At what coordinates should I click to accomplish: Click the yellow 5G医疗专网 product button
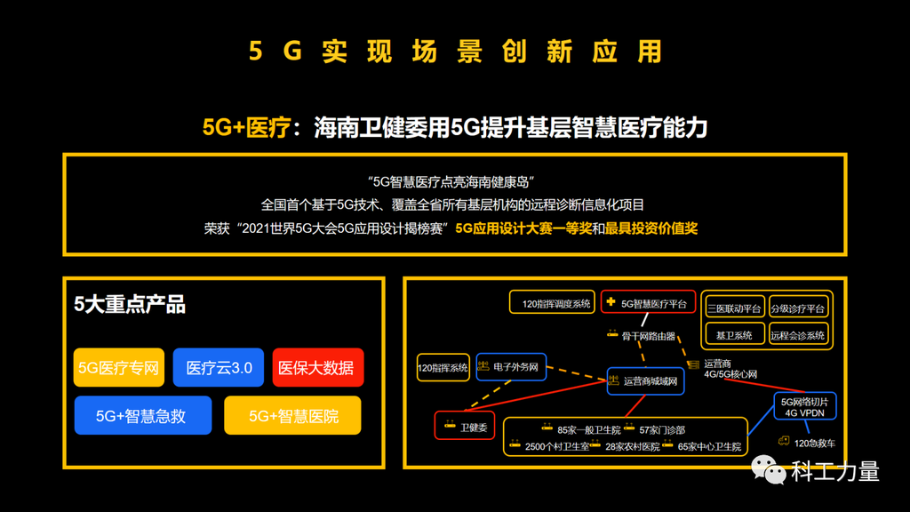[119, 367]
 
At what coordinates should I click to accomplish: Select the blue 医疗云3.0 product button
[219, 367]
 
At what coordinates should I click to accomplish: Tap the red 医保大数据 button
[318, 367]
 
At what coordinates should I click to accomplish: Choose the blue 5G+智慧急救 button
[143, 416]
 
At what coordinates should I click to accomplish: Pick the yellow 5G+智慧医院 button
[292, 416]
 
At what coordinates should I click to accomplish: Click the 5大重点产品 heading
[130, 304]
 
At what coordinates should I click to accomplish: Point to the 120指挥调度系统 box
[552, 302]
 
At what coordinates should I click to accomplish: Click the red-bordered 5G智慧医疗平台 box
[648, 302]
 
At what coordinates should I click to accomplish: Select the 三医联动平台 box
[735, 308]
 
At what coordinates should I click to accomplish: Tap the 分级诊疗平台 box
[798, 308]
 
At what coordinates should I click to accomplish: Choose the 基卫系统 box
[735, 335]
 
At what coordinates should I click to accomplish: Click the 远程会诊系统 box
[798, 335]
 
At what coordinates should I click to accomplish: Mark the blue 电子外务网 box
[511, 367]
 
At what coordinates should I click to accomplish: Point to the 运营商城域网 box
[645, 381]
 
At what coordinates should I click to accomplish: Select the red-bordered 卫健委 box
[465, 426]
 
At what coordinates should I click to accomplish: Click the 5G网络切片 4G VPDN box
[805, 407]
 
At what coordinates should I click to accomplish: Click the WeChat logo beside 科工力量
[769, 469]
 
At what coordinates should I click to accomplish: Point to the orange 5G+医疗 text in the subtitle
[246, 127]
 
